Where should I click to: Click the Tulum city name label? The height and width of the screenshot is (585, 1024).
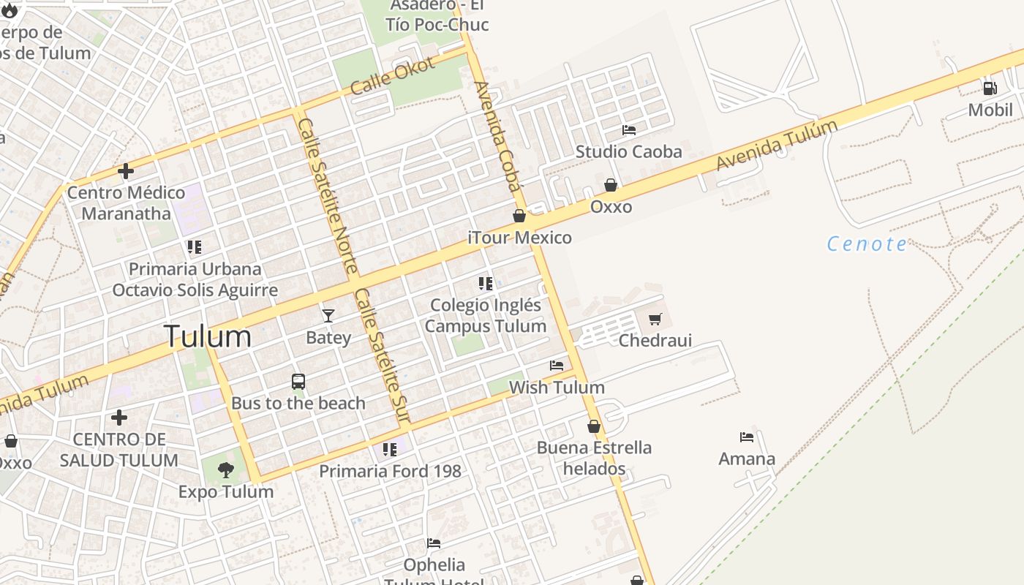(208, 336)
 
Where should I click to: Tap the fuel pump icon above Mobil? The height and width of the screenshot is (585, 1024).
(990, 88)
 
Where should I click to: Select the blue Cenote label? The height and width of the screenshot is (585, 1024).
(867, 244)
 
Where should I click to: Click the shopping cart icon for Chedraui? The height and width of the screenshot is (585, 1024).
(655, 319)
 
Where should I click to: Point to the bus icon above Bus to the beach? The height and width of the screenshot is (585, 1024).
(298, 381)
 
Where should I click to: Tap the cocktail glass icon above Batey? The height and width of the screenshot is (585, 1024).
(328, 315)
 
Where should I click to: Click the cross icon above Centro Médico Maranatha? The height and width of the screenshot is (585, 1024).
(126, 172)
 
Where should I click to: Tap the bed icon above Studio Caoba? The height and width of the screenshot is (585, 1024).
(628, 130)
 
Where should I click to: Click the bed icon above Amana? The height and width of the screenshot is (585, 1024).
(747, 437)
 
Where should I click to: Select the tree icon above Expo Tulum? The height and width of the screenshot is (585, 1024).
(226, 470)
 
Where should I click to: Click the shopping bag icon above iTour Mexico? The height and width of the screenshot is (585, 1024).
(519, 216)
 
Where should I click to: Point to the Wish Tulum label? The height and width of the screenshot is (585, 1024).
(557, 388)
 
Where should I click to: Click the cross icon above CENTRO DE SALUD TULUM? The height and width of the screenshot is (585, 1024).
(119, 418)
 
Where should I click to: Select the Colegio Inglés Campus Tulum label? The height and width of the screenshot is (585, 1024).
(486, 316)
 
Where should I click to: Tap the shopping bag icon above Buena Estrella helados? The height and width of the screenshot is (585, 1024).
(594, 426)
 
